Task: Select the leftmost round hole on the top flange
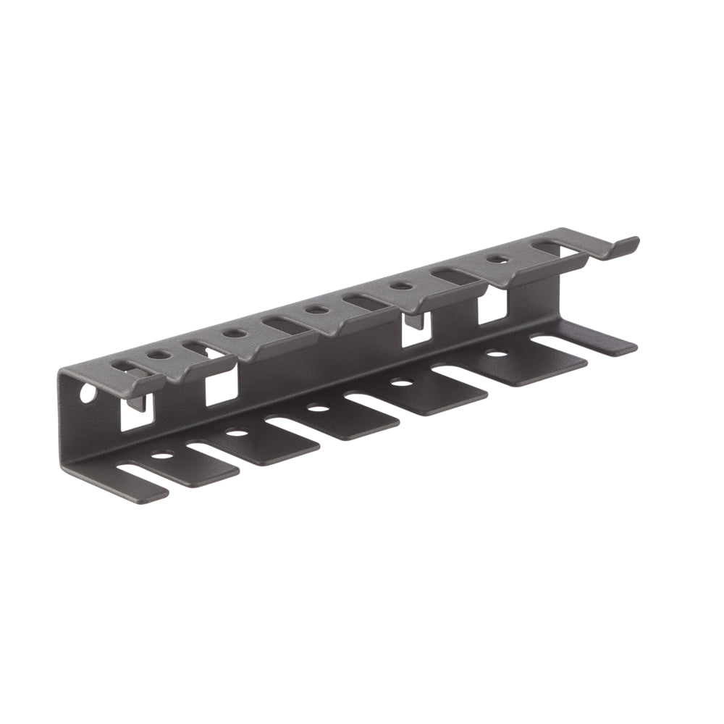[159, 355]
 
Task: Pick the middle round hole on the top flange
[315, 310]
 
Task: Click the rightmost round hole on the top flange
[497, 258]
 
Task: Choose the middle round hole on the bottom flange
[317, 408]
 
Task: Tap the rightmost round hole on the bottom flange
[496, 354]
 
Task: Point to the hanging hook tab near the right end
[413, 320]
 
